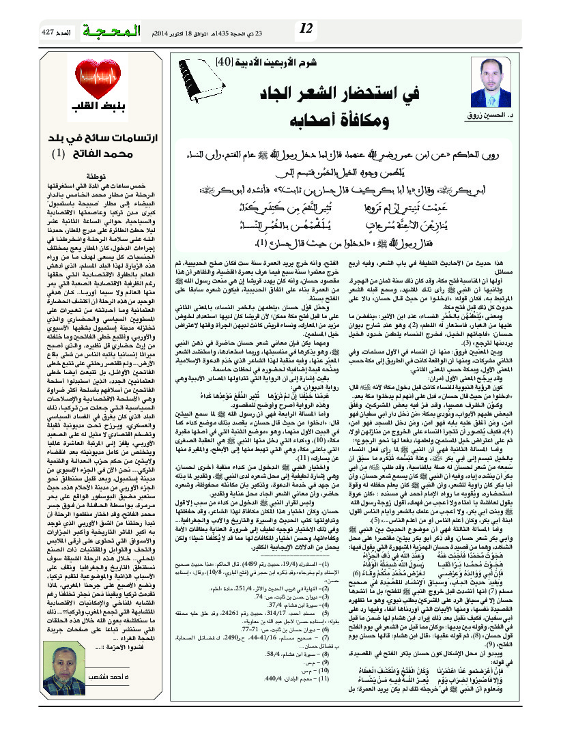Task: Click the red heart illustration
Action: [89, 81]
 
